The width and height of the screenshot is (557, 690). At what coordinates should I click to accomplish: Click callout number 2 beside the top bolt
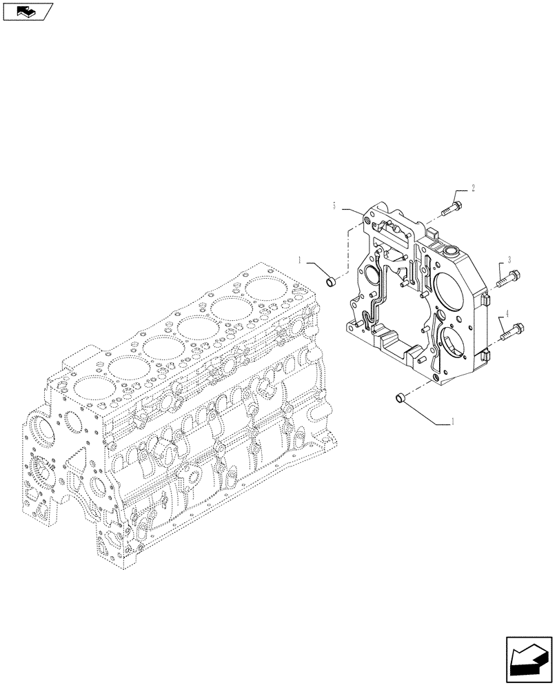click(474, 187)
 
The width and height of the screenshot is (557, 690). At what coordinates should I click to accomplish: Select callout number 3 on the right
click(509, 259)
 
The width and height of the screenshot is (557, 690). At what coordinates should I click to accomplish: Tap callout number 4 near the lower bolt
click(507, 314)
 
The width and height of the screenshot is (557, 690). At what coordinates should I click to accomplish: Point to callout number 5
click(334, 206)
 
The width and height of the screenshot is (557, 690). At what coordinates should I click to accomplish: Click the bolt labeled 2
click(452, 205)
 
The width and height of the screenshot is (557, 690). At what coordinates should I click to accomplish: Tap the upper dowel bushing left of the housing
click(330, 280)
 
